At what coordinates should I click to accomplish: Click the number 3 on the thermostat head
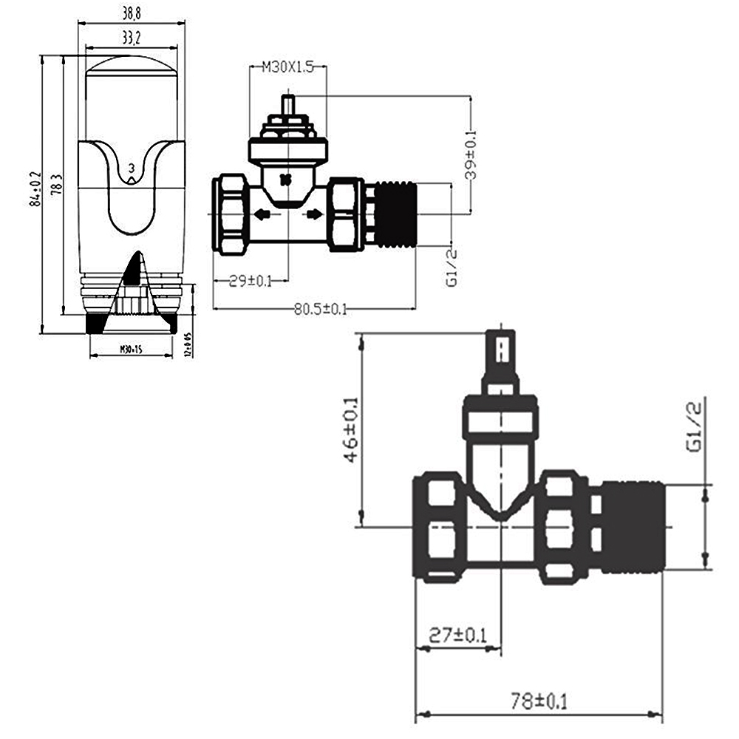coord(132,168)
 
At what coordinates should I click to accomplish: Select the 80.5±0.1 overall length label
coord(320,309)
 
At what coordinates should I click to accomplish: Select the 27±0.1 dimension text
coord(459,635)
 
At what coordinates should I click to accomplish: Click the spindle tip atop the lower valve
coord(502,351)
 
